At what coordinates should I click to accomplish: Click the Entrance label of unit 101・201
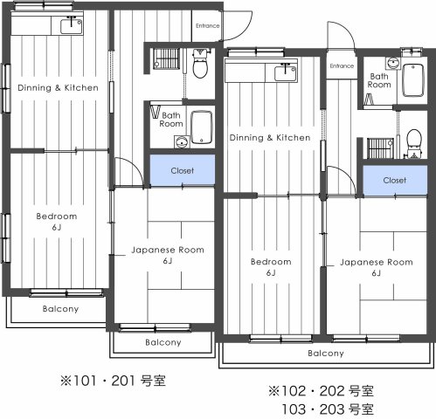(207, 25)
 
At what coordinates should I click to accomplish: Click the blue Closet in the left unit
(182, 171)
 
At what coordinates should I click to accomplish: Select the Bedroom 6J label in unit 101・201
(56, 222)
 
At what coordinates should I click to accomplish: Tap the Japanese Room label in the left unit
(167, 255)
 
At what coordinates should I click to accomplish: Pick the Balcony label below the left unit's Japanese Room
(163, 342)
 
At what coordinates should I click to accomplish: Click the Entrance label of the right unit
(342, 66)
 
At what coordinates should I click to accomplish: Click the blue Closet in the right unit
(394, 181)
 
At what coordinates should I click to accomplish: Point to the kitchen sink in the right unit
(286, 73)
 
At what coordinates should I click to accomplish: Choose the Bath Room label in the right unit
(379, 81)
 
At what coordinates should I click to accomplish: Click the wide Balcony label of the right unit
(325, 354)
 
